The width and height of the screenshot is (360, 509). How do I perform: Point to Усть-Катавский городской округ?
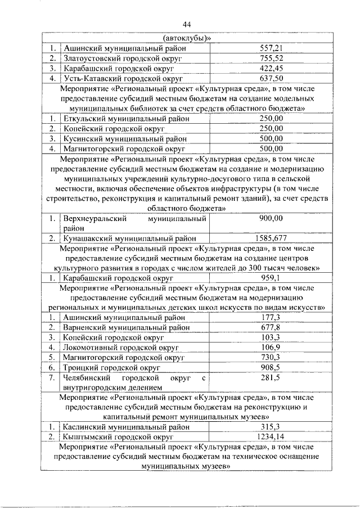(x=124, y=78)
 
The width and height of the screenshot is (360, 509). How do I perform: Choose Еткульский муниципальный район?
(x=127, y=118)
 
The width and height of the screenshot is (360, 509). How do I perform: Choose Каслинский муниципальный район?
(x=127, y=427)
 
